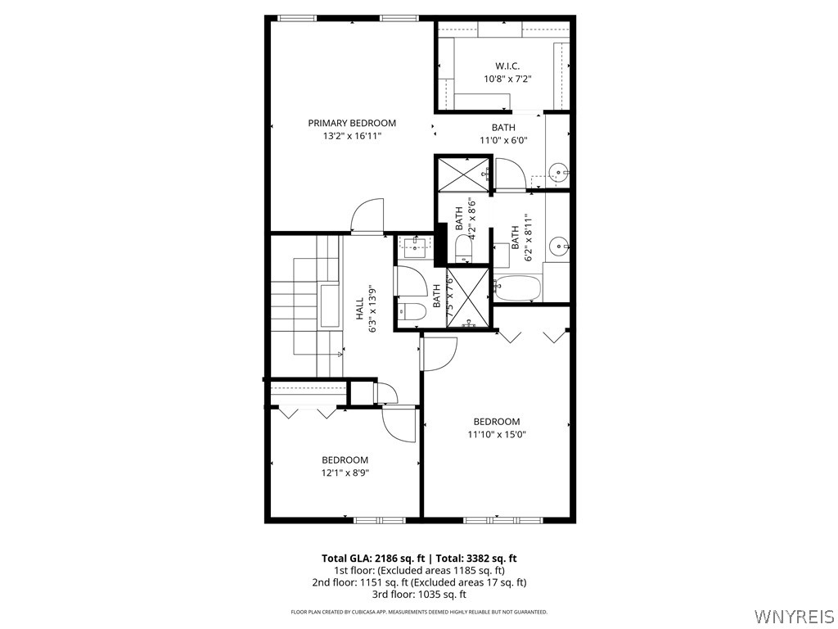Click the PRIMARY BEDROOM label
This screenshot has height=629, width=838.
(352, 123)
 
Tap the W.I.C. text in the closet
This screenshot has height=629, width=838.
(507, 66)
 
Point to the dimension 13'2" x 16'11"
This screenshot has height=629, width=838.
(352, 136)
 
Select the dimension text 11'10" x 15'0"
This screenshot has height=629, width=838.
(497, 435)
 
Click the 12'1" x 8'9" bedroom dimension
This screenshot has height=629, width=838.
(345, 473)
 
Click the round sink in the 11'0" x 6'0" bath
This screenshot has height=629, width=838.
(557, 172)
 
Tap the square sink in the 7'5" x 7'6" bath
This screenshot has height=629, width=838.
(416, 245)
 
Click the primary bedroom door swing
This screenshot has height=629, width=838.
(367, 215)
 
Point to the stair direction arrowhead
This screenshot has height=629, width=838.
(338, 354)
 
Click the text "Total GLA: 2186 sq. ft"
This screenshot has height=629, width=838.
(372, 559)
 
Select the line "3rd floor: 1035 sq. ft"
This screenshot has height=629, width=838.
(419, 595)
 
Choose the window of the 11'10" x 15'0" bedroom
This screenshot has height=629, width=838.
(502, 519)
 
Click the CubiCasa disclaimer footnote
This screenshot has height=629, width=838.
(419, 612)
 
